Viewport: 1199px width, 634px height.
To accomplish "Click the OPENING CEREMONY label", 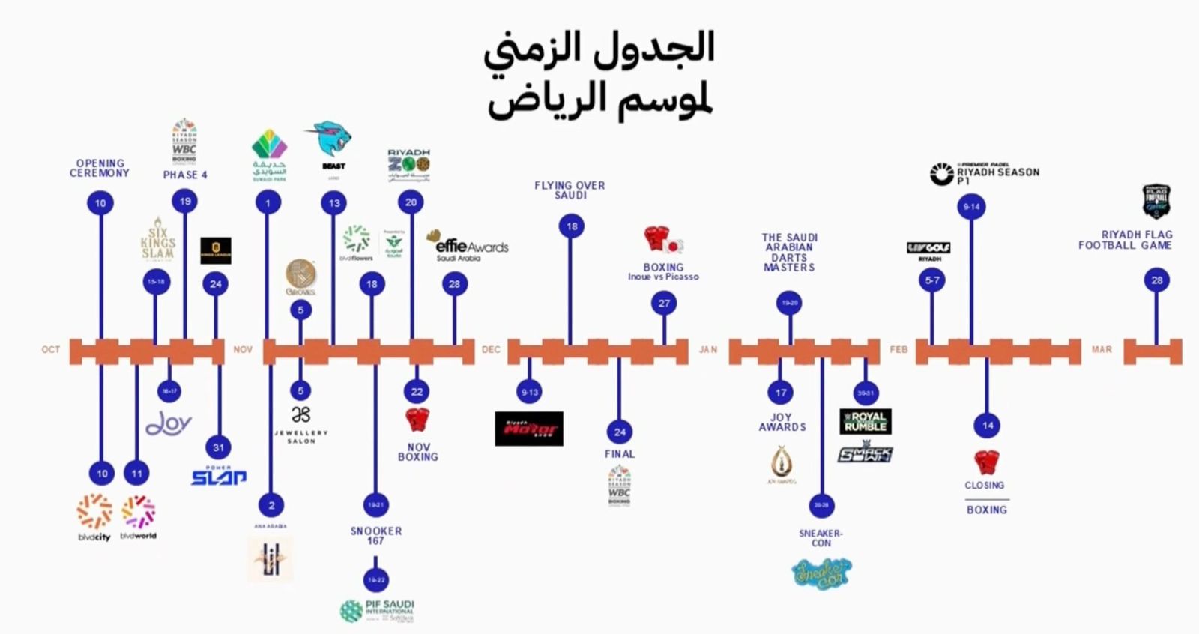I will point(100,168).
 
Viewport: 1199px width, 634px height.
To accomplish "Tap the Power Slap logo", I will point(218,476).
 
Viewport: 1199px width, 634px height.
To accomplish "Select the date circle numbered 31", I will point(218,447).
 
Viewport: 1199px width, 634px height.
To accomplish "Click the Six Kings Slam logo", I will point(157,238).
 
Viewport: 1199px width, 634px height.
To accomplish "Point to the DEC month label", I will point(491,350).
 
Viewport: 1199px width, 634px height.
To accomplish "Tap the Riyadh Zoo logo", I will point(409,165).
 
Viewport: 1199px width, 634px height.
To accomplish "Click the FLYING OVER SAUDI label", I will point(570,190).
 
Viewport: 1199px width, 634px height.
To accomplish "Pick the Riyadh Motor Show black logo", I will point(529,429).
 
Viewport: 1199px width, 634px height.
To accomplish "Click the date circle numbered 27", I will point(664,304).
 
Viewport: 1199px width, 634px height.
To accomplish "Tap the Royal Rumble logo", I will point(866,421).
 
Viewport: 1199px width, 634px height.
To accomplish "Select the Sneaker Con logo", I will point(821,573).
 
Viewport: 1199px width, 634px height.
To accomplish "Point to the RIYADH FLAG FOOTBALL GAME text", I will point(1125,240).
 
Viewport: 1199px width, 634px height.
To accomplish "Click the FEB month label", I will point(899,350).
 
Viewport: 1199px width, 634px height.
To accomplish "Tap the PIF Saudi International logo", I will point(378,610).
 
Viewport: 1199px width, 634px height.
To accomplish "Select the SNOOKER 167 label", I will point(375,535).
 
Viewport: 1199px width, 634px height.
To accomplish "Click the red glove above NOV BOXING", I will point(417,420).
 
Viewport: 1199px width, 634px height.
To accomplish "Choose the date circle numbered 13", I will point(334,203).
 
